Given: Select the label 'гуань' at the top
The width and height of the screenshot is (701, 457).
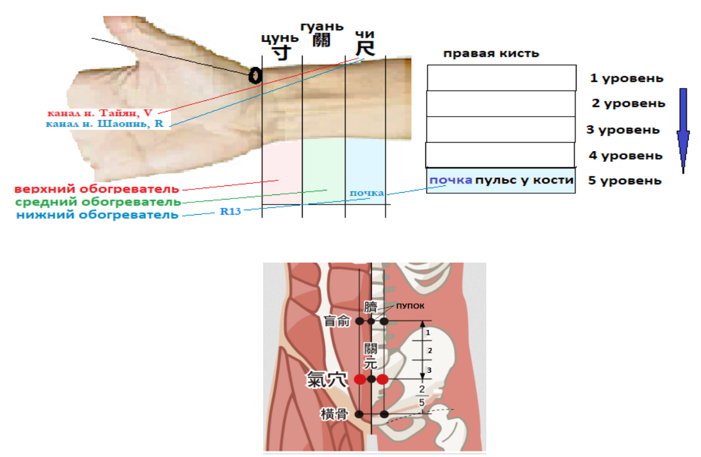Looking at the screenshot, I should coord(321,26).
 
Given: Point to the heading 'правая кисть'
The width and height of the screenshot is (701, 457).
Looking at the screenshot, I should coord(491,54).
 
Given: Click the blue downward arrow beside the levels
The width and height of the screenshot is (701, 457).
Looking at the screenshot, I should coord(684,130).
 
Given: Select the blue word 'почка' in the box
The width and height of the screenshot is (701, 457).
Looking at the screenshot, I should coord(451,181).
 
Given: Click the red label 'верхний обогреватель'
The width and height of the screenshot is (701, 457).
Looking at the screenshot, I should coord(97,188).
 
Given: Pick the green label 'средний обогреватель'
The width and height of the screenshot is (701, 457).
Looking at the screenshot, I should coord(98,202).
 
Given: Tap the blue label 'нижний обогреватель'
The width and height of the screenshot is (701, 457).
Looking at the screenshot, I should coord(97,215).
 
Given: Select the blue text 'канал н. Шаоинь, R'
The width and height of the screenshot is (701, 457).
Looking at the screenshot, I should coord(106,124).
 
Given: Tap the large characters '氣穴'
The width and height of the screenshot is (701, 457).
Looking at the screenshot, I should coord(327,379).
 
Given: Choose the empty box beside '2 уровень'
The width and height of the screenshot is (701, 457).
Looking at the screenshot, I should coord(500,104).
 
